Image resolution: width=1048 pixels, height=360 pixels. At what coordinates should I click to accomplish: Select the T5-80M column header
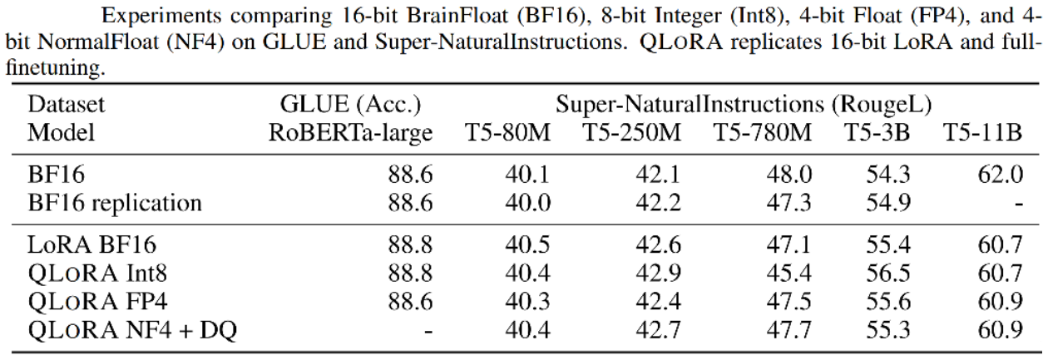(508, 134)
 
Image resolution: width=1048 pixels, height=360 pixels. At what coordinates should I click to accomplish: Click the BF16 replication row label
(115, 202)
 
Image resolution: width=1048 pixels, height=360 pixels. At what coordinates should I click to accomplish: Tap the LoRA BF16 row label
(91, 244)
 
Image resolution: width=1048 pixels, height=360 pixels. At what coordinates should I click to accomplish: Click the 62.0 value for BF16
(1001, 174)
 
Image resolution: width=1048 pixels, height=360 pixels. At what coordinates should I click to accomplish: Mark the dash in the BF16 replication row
(1016, 203)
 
